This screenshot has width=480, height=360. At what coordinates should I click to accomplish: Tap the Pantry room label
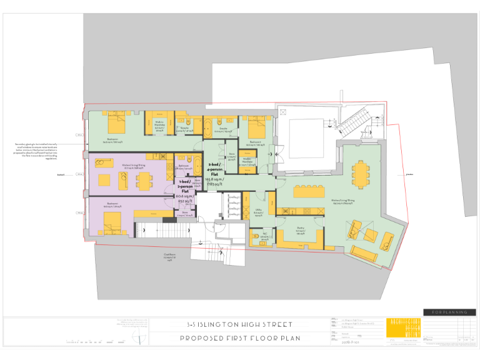point(300,231)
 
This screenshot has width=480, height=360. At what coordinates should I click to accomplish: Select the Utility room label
point(258,212)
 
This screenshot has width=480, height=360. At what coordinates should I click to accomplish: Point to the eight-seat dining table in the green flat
point(361,175)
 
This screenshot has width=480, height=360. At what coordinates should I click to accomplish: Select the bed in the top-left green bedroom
point(117,122)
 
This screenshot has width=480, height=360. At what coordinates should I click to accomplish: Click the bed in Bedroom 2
point(256,128)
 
